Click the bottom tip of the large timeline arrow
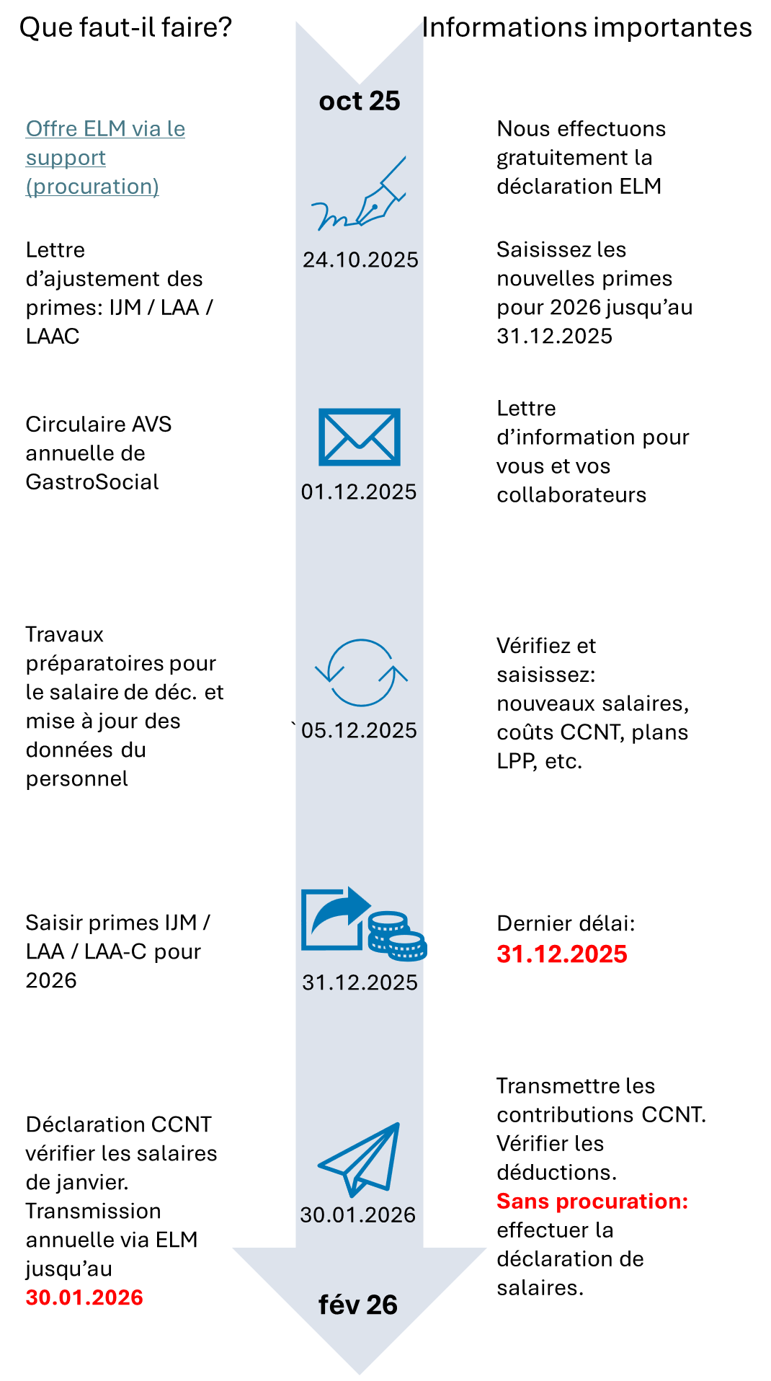point(360,1374)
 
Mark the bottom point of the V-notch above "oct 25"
point(360,84)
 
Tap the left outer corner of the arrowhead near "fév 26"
point(233,1248)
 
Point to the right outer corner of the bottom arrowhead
point(486,1248)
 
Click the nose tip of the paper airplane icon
point(398,1124)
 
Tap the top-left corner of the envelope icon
point(319,409)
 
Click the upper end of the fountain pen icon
point(405,157)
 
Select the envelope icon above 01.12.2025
point(360,437)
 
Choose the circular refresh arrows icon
point(361,672)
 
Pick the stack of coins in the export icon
point(397,936)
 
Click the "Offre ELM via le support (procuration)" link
point(105,157)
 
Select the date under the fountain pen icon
point(360,259)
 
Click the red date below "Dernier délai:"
point(562,954)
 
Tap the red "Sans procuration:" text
point(592,1201)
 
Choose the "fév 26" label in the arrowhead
point(358,1305)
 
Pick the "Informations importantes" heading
point(587,27)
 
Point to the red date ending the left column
point(84,1297)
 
